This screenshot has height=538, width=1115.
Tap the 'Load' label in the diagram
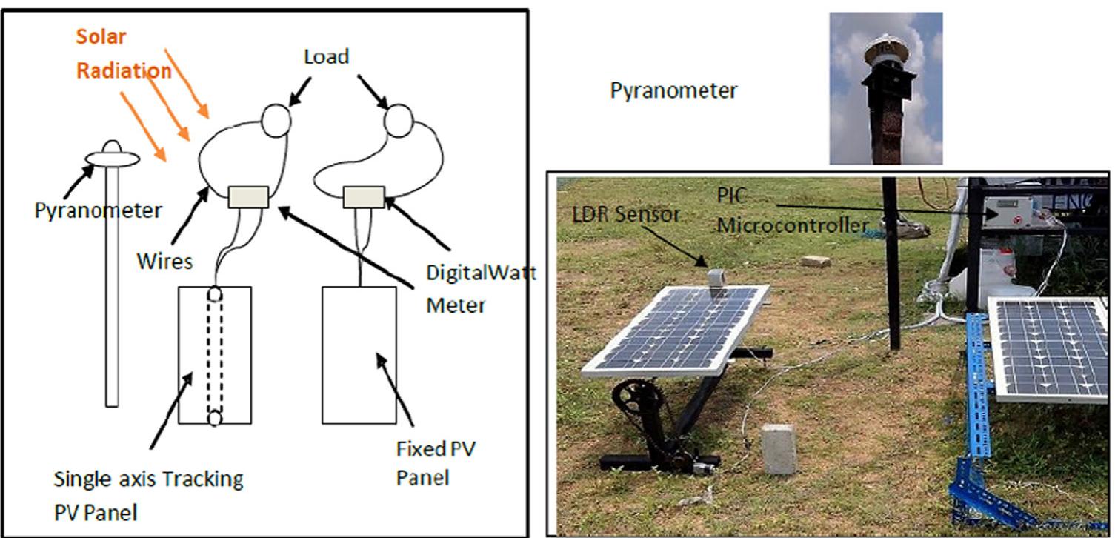coord(326,57)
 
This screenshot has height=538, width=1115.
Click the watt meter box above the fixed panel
coord(363,196)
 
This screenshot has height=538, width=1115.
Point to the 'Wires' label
coord(164,261)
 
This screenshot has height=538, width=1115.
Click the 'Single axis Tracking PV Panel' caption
coord(148,492)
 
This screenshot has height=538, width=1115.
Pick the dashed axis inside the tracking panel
coord(215,354)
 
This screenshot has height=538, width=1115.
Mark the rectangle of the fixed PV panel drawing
coord(359,354)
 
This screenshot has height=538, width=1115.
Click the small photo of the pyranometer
coord(885,88)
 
